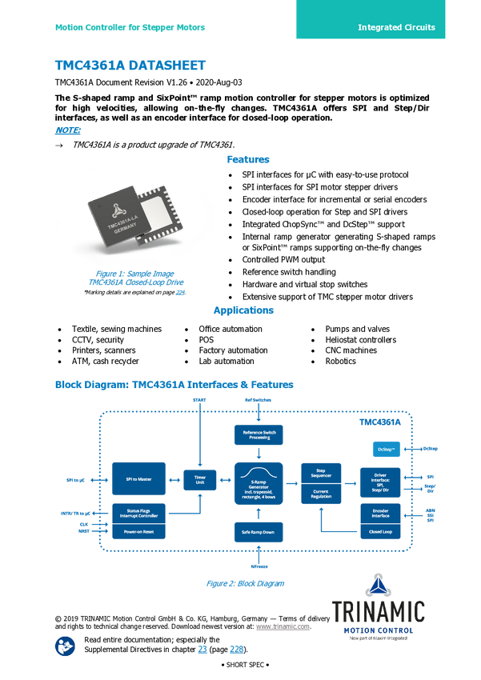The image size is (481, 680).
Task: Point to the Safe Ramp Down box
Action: [x=259, y=531]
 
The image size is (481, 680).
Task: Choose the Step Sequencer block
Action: [x=319, y=474]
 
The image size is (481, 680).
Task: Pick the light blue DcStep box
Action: [x=383, y=450]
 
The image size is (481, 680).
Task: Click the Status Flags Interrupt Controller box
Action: [x=143, y=512]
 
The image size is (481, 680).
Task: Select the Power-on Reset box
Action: [x=143, y=530]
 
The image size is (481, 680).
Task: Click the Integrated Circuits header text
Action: [x=396, y=27]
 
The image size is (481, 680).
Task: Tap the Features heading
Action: [x=249, y=159]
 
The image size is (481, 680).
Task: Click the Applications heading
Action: [x=243, y=310]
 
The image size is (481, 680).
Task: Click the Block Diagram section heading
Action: [x=174, y=385]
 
